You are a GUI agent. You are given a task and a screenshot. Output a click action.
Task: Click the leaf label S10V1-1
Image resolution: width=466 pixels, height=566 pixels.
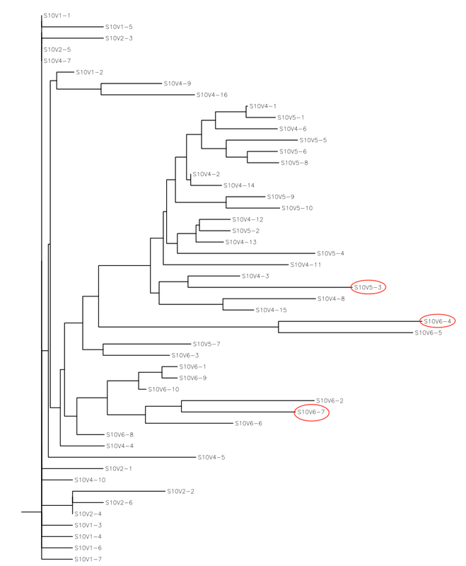coord(58,16)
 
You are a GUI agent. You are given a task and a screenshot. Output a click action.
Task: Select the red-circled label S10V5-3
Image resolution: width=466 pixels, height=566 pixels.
coord(368,287)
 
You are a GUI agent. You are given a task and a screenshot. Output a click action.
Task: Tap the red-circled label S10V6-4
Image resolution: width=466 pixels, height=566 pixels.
coord(438,321)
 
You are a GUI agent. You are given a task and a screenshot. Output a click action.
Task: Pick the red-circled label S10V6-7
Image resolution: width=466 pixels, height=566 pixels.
coord(311,412)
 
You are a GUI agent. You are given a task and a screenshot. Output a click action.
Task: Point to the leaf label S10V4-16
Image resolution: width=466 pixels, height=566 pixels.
coord(212,95)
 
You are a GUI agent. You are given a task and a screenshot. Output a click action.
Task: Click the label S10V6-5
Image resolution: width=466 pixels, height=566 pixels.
coord(429,333)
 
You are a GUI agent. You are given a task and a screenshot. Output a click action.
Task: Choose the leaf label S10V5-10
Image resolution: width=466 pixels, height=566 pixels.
coord(297,208)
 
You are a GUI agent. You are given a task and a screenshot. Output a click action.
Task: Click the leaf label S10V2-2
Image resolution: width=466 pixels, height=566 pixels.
coord(181,491)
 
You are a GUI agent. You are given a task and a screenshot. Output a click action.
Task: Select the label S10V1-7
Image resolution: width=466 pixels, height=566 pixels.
coord(88,559)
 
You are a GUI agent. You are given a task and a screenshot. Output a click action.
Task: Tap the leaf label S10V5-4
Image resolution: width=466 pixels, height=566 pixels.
coord(331,253)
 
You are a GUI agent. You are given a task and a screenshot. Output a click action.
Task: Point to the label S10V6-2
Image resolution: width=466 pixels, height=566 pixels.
coord(330,400)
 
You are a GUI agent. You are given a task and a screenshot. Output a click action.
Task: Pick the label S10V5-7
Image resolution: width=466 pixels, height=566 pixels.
coord(207,344)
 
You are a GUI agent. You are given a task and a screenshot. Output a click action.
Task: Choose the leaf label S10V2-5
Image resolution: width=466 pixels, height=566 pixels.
coord(58,50)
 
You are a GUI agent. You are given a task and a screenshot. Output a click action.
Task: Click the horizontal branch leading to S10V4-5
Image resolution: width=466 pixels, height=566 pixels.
coord(120,457)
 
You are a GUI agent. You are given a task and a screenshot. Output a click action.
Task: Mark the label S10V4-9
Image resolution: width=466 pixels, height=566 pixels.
coord(177,83)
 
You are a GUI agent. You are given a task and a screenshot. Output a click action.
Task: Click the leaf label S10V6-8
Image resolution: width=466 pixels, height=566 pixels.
coord(120,434)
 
